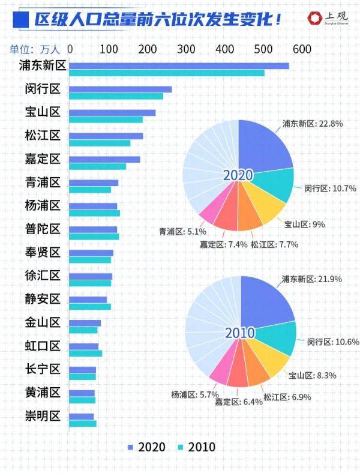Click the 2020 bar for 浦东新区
pyautogui.click(x=179, y=66)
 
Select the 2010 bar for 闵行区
pyautogui.click(x=116, y=96)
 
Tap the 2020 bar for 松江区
pyautogui.click(x=106, y=136)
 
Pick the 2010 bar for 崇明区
pyautogui.click(x=83, y=424)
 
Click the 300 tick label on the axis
pyautogui.click(x=186, y=49)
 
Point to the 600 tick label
pyautogui.click(x=302, y=49)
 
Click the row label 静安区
pyautogui.click(x=43, y=299)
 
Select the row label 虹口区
pyautogui.click(x=43, y=346)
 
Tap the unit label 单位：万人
pyautogui.click(x=35, y=49)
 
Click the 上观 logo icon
pyautogui.click(x=315, y=19)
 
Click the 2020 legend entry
pyautogui.click(x=147, y=447)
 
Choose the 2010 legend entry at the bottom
pyautogui.click(x=197, y=447)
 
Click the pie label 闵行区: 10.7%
pyautogui.click(x=330, y=188)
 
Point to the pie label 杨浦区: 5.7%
pyautogui.click(x=195, y=394)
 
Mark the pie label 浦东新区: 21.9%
pyautogui.click(x=312, y=279)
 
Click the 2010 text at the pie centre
pyautogui.click(x=240, y=333)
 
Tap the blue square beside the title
pyautogui.click(x=21, y=20)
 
